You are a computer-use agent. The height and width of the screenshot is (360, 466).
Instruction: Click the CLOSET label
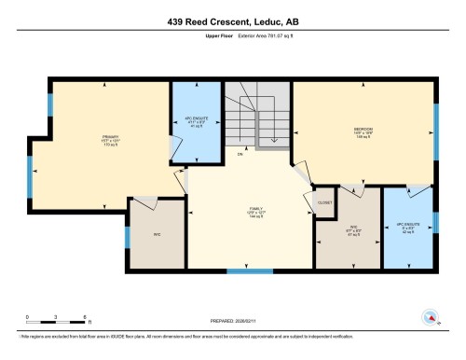(324, 202)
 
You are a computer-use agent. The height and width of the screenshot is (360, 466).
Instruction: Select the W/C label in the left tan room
(157, 234)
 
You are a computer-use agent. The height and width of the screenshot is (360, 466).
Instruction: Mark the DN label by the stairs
(240, 154)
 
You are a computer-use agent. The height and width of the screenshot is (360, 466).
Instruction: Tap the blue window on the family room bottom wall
(250, 271)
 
